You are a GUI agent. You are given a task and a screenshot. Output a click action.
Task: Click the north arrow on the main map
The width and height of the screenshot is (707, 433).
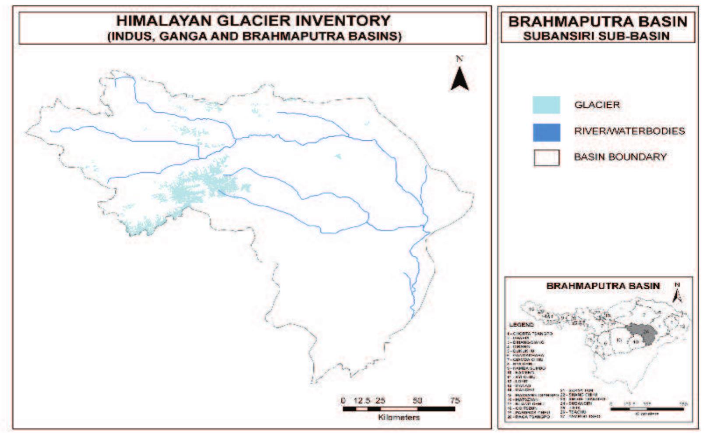click(460, 79)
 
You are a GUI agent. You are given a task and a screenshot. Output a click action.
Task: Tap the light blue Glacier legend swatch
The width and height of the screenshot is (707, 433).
click(546, 105)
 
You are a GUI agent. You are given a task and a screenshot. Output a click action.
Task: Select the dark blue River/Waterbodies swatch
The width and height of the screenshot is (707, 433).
click(546, 132)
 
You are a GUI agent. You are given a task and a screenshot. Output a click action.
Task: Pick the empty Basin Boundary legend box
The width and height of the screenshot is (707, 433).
click(546, 158)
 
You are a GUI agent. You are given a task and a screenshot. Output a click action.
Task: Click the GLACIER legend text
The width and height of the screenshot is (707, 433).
click(597, 105)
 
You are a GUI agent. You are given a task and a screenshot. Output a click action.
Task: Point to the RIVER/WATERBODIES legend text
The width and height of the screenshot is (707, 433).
click(629, 131)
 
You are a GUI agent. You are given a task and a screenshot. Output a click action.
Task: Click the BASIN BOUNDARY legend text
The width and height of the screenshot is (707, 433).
click(620, 157)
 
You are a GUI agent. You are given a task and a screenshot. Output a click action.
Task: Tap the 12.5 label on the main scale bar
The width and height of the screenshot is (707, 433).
click(362, 401)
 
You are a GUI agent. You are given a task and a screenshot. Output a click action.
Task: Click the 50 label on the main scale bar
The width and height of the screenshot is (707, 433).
click(417, 401)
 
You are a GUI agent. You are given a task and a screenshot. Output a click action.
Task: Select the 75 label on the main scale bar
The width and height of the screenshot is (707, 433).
click(455, 401)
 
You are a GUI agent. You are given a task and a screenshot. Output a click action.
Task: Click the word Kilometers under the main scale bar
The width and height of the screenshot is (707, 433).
click(399, 418)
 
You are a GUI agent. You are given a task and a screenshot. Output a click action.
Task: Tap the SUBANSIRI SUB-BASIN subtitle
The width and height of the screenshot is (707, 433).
click(596, 36)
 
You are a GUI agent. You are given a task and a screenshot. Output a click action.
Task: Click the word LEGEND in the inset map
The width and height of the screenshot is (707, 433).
click(521, 325)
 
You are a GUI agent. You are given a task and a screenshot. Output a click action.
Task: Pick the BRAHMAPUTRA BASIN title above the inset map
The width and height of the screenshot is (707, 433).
click(603, 286)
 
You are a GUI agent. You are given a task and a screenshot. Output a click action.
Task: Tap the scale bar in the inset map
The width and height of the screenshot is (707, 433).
click(647, 409)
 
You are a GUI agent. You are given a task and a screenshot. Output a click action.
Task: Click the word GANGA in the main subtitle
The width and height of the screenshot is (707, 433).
click(183, 36)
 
